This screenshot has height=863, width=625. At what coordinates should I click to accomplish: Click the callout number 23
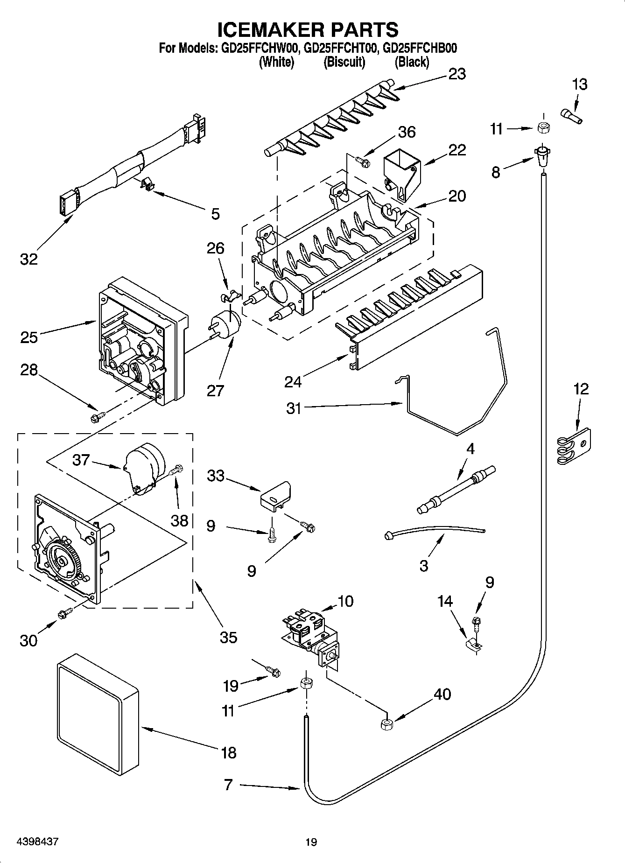(x=456, y=74)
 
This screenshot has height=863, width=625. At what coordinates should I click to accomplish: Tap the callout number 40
(x=442, y=694)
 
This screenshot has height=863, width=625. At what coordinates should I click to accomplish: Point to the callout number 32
(x=28, y=259)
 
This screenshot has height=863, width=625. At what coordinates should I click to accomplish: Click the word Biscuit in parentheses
(x=344, y=62)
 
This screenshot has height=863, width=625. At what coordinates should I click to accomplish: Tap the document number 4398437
(x=37, y=842)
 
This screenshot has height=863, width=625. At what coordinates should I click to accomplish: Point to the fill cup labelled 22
(x=400, y=175)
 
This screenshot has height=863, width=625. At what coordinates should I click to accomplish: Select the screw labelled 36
(x=363, y=161)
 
